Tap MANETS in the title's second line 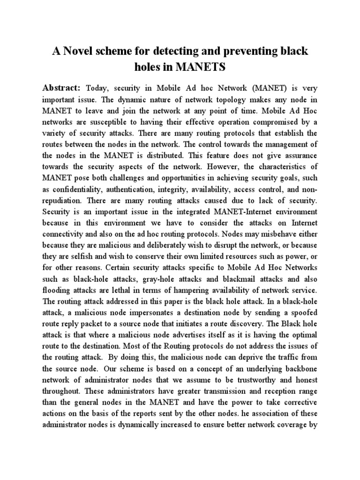coord(201,67)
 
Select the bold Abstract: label coord(62,88)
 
